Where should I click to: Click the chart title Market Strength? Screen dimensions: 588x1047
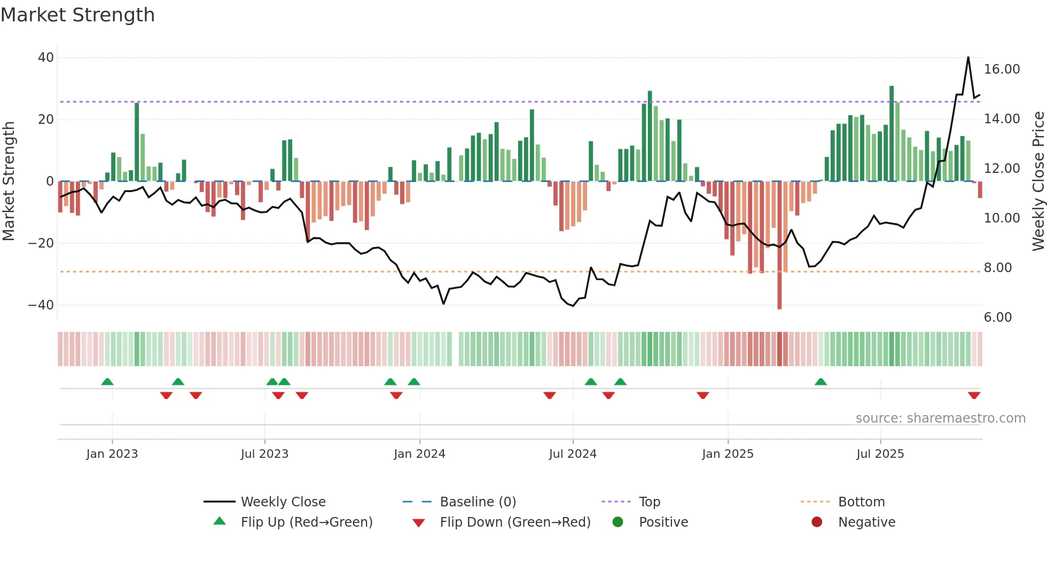coord(77,15)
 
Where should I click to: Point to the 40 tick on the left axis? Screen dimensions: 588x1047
coord(46,58)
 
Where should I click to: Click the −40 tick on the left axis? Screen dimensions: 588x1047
coord(41,305)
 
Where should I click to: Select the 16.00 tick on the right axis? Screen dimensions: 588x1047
coord(1002,69)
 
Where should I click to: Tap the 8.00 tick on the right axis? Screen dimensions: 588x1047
coord(997,268)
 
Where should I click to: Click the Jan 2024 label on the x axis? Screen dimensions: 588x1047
coord(419,454)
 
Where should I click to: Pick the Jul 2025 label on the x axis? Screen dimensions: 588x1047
coord(880,454)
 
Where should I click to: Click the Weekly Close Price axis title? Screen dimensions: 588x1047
coord(1038,181)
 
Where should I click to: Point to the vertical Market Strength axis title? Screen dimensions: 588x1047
coord(9,181)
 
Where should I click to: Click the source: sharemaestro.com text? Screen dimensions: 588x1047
coord(940,418)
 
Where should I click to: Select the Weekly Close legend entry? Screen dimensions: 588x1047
coord(283,502)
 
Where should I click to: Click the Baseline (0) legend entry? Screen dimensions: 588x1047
coord(478,502)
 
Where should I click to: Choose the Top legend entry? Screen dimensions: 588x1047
coord(649,502)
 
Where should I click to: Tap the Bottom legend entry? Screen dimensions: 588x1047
coord(861,502)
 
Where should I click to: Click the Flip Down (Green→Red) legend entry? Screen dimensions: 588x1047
coord(514,522)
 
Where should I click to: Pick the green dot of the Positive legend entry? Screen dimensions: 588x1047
coord(618,522)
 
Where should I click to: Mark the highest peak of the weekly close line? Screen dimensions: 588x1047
coord(968,58)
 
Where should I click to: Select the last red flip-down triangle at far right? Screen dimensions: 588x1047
coord(974,395)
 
